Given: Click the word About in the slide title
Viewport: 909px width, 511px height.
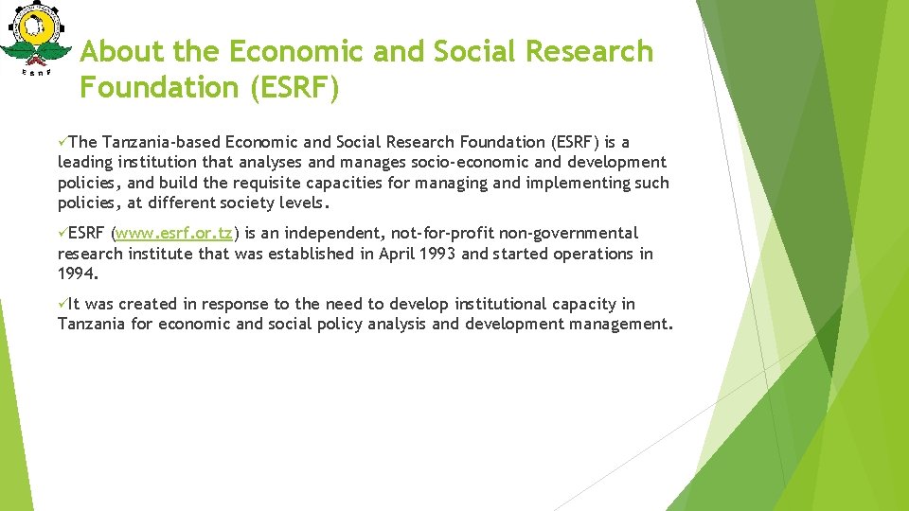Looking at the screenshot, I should [114, 51].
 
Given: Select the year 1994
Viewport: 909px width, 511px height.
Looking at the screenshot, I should [76, 274].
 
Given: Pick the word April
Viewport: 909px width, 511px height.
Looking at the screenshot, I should [399, 254].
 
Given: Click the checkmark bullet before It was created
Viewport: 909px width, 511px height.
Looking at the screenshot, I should [62, 304].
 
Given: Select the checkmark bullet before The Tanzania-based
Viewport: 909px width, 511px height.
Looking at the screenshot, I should [62, 142].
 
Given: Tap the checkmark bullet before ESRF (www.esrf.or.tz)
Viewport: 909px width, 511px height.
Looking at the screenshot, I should [62, 233].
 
